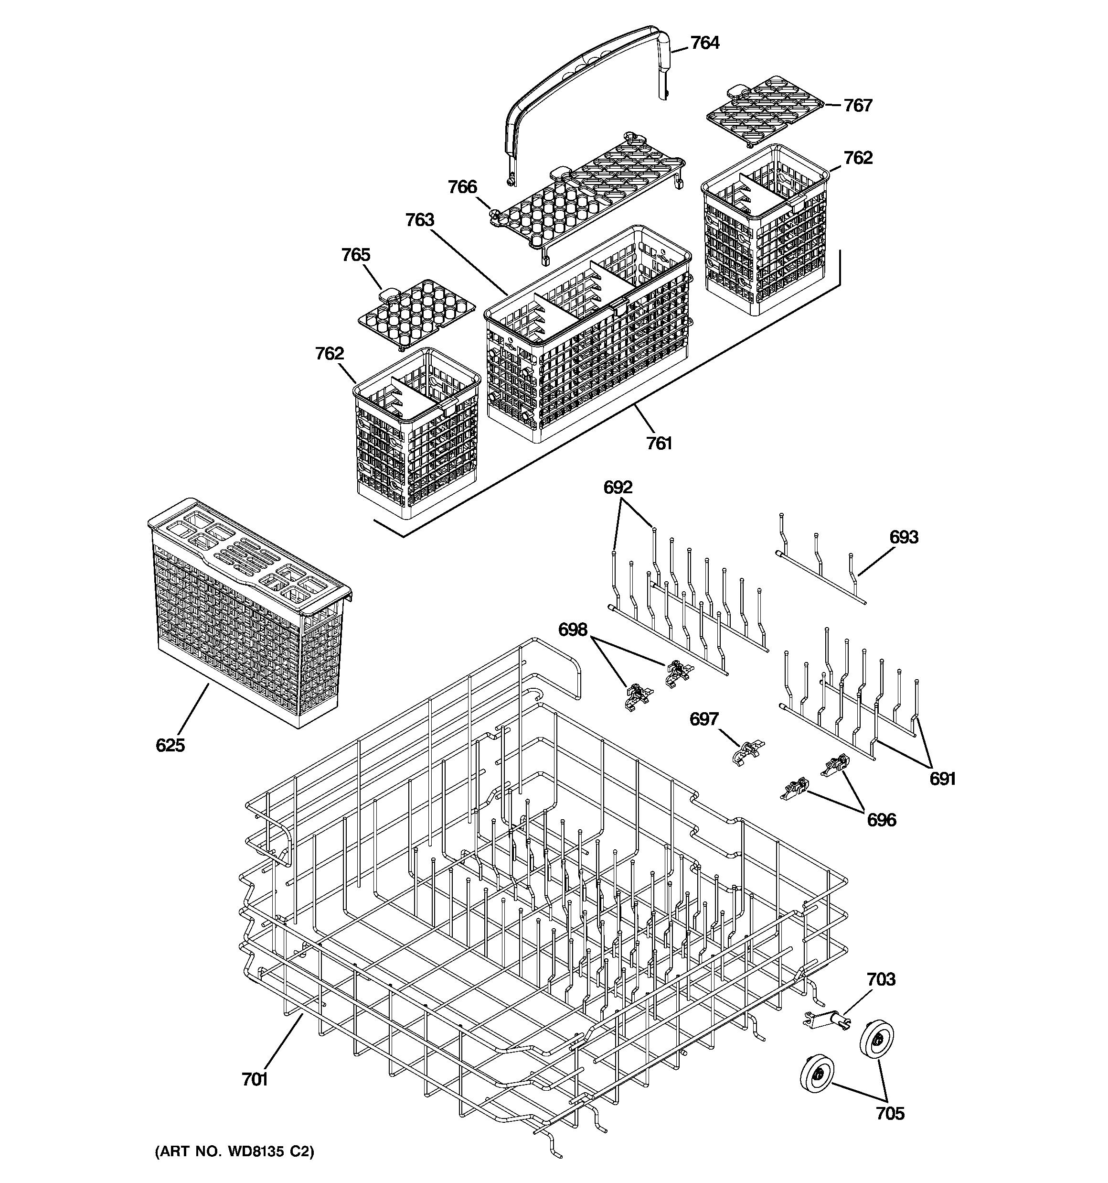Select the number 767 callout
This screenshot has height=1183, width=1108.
(858, 105)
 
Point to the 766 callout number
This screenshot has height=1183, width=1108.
(462, 187)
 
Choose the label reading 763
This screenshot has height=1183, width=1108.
(419, 220)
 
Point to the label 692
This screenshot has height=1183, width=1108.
(618, 488)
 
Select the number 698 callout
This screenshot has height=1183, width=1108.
(572, 629)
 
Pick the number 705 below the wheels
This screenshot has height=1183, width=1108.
(890, 1113)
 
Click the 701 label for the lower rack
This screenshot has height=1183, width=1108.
(255, 1079)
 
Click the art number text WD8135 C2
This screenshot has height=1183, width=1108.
(235, 1151)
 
